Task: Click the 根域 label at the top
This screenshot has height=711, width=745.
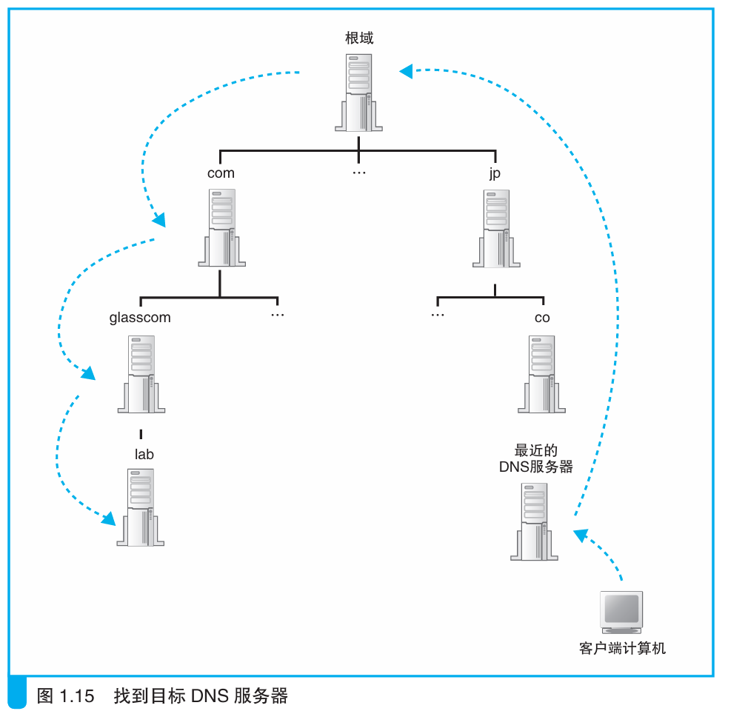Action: click(x=359, y=38)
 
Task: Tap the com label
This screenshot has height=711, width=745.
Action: click(x=221, y=173)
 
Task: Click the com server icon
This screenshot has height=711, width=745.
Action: click(x=221, y=227)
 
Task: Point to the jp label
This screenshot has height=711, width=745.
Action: click(x=495, y=173)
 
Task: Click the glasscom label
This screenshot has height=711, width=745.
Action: click(x=140, y=318)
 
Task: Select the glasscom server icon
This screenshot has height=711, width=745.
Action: click(x=141, y=374)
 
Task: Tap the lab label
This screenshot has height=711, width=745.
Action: click(x=144, y=454)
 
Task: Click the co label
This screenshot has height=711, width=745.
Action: click(x=542, y=318)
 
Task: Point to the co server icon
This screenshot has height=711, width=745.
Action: click(x=541, y=374)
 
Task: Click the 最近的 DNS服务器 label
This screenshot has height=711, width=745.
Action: click(x=536, y=458)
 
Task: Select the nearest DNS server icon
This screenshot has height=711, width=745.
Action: click(x=534, y=521)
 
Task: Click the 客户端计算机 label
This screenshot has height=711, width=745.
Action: click(x=622, y=649)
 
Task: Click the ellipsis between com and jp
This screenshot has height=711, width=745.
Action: click(x=359, y=173)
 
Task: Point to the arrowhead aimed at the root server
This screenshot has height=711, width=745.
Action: click(x=406, y=71)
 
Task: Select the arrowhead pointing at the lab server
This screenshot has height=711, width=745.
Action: click(x=109, y=518)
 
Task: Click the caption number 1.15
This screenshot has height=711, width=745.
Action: click(x=76, y=696)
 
